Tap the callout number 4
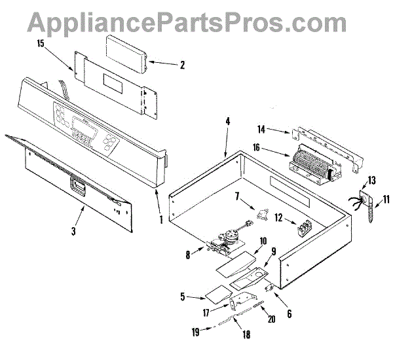tap(227, 121)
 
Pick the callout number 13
tap(371, 179)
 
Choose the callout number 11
tap(385, 197)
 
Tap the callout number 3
tap(74, 231)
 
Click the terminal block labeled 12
tap(303, 229)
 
